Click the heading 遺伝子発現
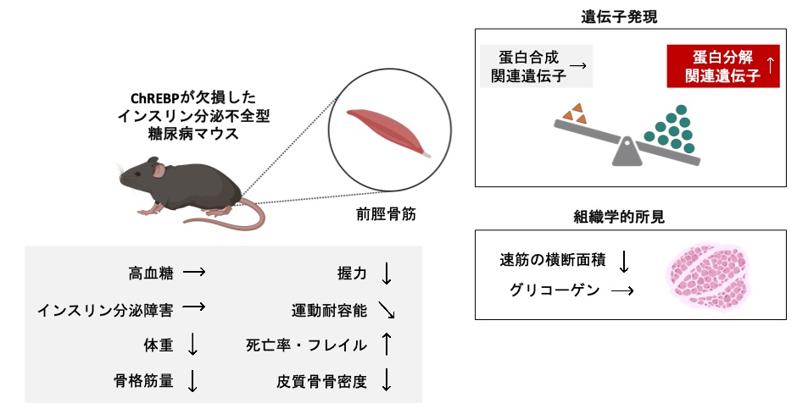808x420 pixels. point(627,16)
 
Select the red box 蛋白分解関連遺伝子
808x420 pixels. point(723,67)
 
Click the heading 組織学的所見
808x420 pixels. point(627,217)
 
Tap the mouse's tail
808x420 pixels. point(229,222)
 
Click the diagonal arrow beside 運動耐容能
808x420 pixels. point(387,311)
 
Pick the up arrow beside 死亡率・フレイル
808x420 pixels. point(387,345)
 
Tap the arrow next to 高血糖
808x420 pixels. point(194,274)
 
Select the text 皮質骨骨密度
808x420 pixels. point(321,382)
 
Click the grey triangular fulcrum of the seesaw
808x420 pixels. point(626,152)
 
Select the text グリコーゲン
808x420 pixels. point(554,290)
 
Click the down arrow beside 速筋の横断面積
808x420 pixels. point(625,262)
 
